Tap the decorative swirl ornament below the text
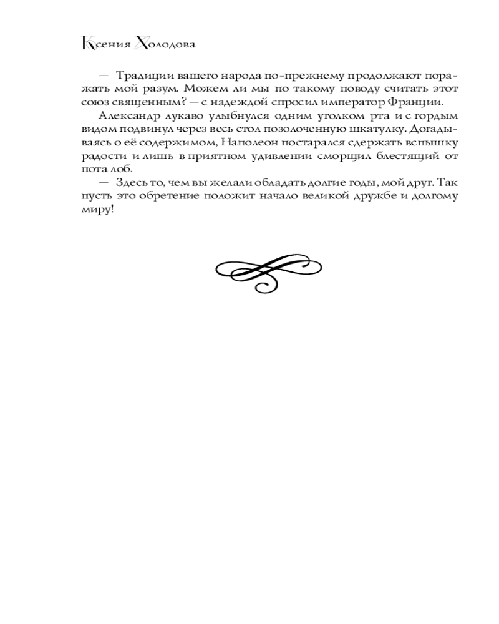(269, 271)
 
